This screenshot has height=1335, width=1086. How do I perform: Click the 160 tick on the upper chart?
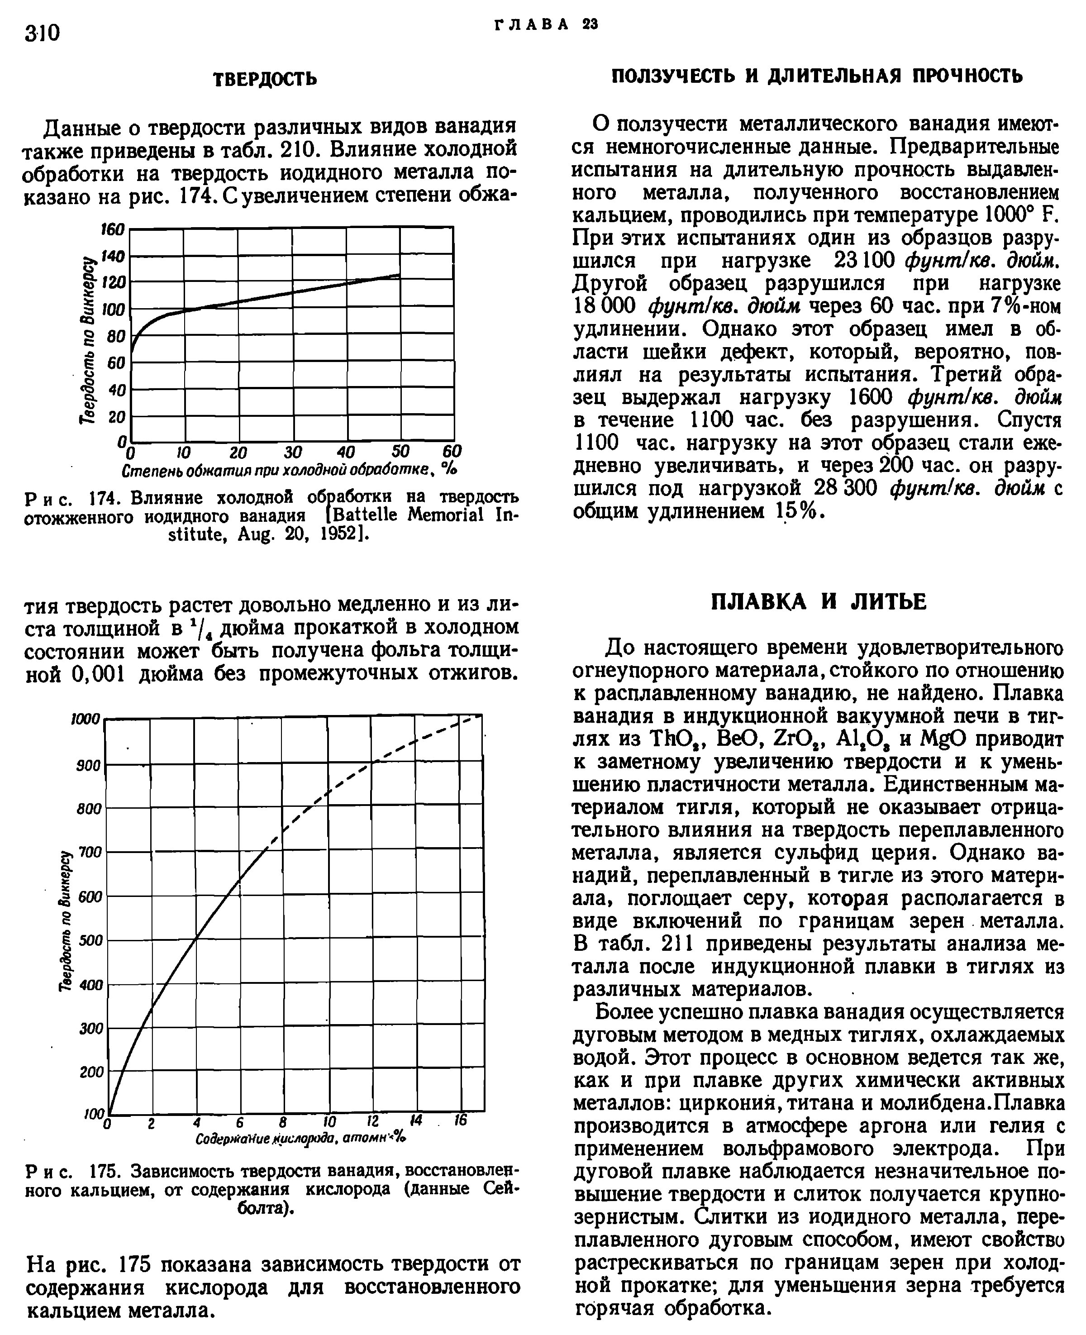113,229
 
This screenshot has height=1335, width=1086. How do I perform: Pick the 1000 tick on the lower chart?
85,720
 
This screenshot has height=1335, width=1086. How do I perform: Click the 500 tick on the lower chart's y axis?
90,940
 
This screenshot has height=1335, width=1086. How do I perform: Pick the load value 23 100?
864,261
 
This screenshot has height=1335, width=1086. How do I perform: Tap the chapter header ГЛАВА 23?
546,24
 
